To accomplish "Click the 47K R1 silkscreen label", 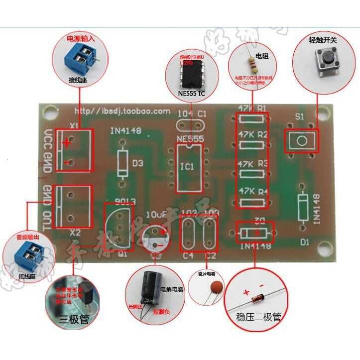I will click(253, 107).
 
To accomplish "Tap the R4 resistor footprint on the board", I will click(253, 202).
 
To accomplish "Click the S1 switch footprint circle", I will click(301, 141).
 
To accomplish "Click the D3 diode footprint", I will click(122, 163).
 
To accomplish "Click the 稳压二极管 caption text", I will click(259, 316).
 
